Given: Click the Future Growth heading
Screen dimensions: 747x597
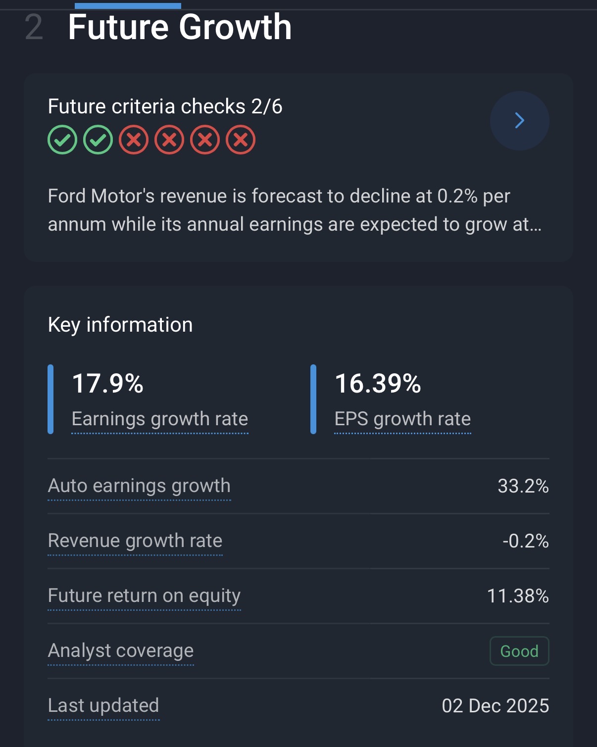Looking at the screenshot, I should click(180, 27).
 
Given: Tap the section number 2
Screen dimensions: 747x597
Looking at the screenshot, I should click(34, 28).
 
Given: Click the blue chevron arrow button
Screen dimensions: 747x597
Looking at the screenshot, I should click(519, 120).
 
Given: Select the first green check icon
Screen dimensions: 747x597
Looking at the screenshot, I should click(62, 140).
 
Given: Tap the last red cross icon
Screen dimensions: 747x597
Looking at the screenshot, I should click(241, 140).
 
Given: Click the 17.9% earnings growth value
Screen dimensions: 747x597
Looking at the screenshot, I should click(108, 384).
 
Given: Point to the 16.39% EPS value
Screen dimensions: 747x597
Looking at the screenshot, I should click(378, 384).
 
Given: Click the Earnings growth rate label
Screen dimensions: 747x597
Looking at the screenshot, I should click(159, 419).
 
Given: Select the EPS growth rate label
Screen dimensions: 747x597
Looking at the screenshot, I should click(402, 419).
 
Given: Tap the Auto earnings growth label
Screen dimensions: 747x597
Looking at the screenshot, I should click(139, 486).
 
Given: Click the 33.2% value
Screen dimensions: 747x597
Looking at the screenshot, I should click(523, 486).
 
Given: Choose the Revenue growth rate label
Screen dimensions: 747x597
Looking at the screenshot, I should click(135, 541).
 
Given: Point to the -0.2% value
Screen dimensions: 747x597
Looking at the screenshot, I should click(525, 541).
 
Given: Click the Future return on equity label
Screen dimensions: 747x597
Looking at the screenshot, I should click(144, 596).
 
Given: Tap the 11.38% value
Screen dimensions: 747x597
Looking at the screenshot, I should click(518, 596).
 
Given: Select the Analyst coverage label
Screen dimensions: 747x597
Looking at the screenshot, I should click(121, 651).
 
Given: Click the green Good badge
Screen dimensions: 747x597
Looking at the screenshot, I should click(519, 651).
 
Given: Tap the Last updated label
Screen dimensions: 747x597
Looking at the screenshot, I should click(103, 706).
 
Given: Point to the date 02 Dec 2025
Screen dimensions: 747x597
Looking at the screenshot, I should click(495, 706).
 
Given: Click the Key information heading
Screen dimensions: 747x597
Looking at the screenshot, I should click(120, 325).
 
